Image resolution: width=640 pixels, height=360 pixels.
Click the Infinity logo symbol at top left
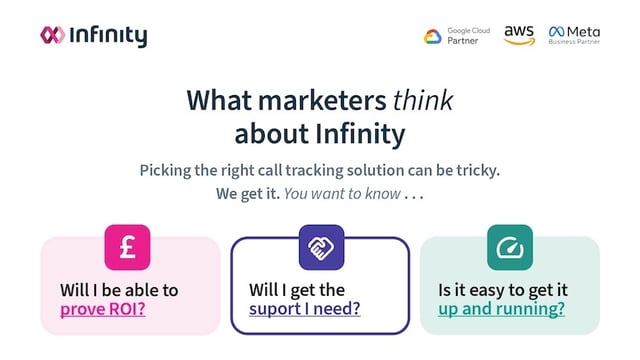pos(52,35)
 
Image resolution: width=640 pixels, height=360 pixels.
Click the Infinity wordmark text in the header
pos(108,36)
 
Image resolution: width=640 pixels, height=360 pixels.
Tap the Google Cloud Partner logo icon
pos(432,36)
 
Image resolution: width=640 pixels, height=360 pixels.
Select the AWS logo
pos(519,35)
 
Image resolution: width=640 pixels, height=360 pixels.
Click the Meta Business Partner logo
pos(576,35)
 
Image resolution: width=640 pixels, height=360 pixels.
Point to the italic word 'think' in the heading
pos(422,101)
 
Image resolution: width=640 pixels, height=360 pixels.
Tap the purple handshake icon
pos(321,247)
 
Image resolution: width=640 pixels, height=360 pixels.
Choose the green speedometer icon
pos(509,247)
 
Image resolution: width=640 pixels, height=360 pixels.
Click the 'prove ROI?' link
pos(103,309)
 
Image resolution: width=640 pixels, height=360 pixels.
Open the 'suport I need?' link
pos(304,309)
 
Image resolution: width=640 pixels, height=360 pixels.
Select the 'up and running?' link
pos(501,309)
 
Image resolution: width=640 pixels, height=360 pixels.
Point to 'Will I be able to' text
pos(119,289)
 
